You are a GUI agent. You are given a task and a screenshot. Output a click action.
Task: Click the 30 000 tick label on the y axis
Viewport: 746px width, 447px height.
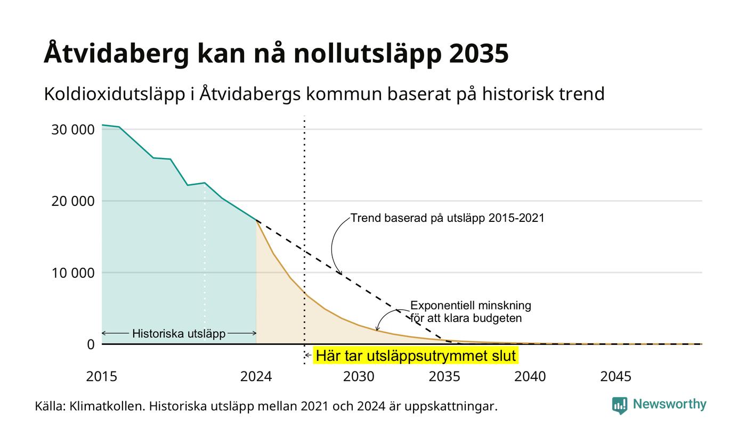pos(73,129)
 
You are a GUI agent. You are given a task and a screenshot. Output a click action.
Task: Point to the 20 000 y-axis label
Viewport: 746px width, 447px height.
pos(73,201)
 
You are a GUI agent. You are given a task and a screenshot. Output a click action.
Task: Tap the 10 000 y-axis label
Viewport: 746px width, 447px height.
pos(73,272)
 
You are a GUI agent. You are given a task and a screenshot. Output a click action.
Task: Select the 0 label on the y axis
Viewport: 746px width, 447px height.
pos(91,345)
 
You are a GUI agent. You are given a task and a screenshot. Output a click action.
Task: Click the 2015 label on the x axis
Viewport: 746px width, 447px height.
pos(102,377)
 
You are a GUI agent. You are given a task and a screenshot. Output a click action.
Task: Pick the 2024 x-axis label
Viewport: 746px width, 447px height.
pos(256,377)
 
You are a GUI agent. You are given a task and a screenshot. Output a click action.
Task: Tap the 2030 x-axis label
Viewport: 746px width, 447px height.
pos(359,377)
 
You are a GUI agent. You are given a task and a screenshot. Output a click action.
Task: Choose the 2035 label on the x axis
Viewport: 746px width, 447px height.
pos(444,377)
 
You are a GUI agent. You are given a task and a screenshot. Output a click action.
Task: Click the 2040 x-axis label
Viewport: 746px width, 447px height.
pos(530,377)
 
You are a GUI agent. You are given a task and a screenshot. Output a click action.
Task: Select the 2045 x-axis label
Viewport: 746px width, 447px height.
pos(616,377)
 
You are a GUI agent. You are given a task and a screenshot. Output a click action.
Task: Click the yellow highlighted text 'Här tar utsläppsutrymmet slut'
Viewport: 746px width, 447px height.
pos(416,356)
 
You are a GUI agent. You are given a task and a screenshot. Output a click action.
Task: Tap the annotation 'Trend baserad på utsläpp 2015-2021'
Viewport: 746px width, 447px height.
pos(447,218)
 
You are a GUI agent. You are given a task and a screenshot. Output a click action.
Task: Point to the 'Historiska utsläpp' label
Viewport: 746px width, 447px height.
pos(179,334)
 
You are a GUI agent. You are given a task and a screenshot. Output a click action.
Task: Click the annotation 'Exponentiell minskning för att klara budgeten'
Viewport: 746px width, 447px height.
pos(471,312)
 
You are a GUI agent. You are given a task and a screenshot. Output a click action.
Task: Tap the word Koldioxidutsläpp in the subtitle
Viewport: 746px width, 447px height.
pos(115,94)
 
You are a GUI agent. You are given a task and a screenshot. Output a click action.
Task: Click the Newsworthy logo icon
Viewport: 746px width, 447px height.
pos(619,405)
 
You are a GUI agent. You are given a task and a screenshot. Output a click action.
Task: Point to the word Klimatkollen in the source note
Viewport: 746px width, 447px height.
pos(107,407)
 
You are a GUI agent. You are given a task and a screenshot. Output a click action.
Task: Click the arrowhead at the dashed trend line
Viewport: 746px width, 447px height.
pos(340,272)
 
